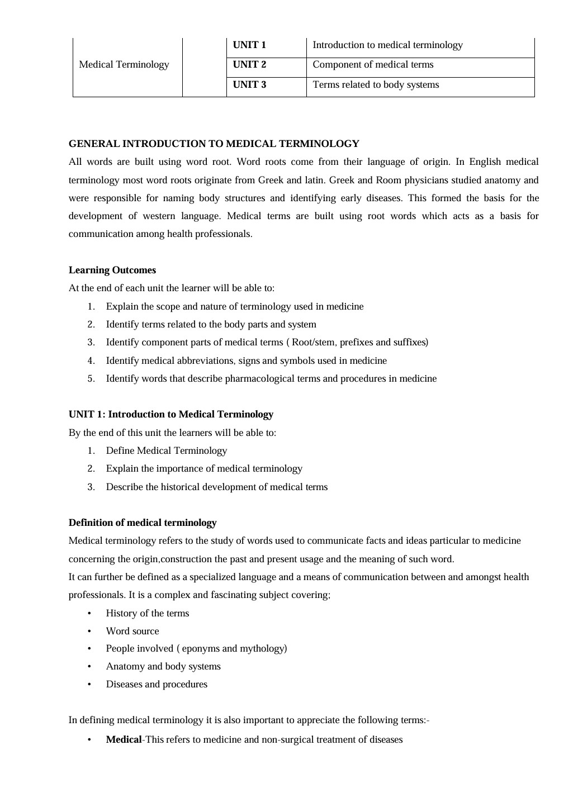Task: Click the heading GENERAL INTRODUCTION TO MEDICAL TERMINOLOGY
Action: click(x=214, y=144)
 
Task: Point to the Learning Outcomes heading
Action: click(x=112, y=270)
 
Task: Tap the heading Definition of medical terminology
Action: click(x=143, y=523)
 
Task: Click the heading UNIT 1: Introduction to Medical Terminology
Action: click(x=170, y=415)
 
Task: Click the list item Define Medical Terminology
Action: click(x=166, y=451)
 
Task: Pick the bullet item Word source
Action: click(x=132, y=631)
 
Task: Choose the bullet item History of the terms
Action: click(x=148, y=614)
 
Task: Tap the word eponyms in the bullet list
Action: click(x=201, y=649)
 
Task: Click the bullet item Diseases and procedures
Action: click(x=157, y=685)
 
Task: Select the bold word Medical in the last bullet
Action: click(x=124, y=740)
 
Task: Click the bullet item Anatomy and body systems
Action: click(x=163, y=667)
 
